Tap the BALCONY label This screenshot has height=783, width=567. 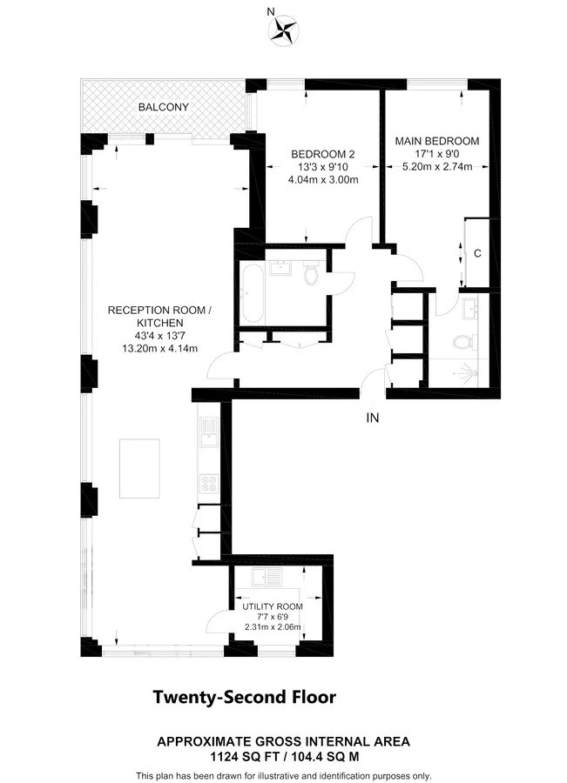click(x=164, y=107)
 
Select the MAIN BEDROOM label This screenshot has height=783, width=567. click(x=436, y=139)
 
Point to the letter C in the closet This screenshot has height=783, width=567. click(x=477, y=253)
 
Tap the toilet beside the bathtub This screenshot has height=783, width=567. click(x=311, y=276)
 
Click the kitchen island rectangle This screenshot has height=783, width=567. click(x=139, y=468)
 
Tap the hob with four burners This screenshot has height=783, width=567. click(x=209, y=481)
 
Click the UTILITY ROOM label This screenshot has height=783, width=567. click(x=273, y=606)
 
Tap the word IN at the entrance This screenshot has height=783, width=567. click(x=373, y=418)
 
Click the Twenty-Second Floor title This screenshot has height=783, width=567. click(x=244, y=697)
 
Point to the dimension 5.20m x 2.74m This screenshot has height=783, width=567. click(x=436, y=167)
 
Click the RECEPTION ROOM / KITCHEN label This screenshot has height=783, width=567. click(x=159, y=317)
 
